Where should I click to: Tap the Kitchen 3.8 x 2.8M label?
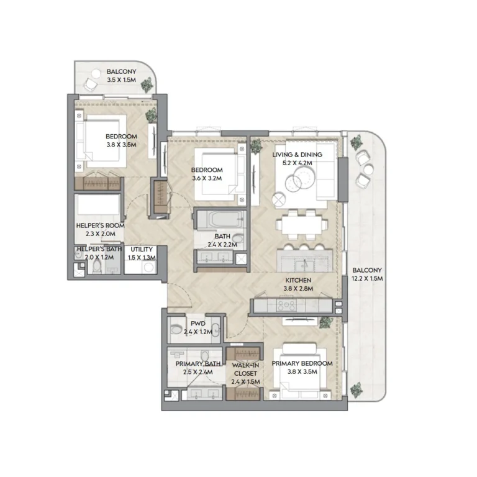click(x=298, y=284)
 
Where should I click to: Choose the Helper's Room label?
click(x=100, y=230)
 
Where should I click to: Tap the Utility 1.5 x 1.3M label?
click(x=142, y=253)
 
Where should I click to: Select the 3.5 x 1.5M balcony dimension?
click(x=121, y=80)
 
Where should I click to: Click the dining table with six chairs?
click(x=300, y=224)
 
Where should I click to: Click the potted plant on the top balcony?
click(x=147, y=85)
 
